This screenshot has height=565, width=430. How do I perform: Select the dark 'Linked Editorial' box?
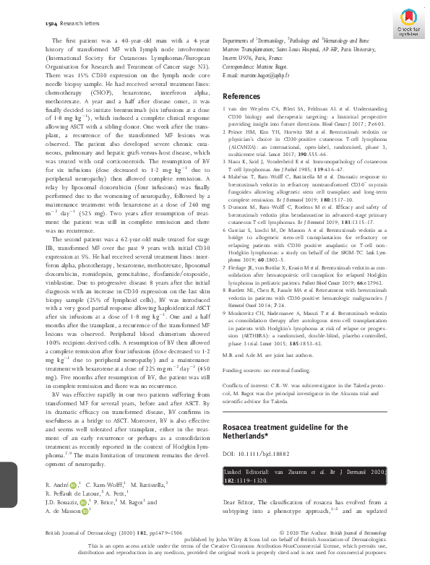302,474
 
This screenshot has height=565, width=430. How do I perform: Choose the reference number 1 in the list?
225,107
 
